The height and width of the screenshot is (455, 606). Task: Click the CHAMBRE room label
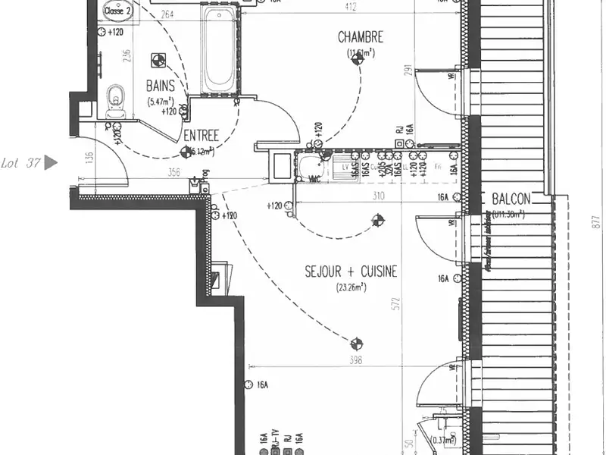click(361, 36)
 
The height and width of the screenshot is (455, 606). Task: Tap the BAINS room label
click(161, 87)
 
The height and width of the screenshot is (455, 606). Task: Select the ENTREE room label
click(201, 136)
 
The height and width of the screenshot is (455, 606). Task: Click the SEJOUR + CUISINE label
click(351, 271)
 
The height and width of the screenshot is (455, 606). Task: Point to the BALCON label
click(511, 199)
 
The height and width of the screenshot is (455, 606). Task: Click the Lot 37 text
click(20, 162)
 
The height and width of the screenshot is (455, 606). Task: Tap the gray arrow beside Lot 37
click(51, 162)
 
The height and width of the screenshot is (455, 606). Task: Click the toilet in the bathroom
click(116, 97)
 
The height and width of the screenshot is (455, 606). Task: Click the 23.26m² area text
click(351, 287)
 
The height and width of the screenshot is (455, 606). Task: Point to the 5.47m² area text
click(161, 102)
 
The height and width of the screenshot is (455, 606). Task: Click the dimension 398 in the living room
click(355, 360)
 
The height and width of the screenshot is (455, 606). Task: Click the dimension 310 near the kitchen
click(380, 196)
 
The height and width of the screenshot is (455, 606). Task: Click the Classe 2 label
click(117, 11)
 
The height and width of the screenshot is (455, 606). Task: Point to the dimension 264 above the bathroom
click(167, 14)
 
